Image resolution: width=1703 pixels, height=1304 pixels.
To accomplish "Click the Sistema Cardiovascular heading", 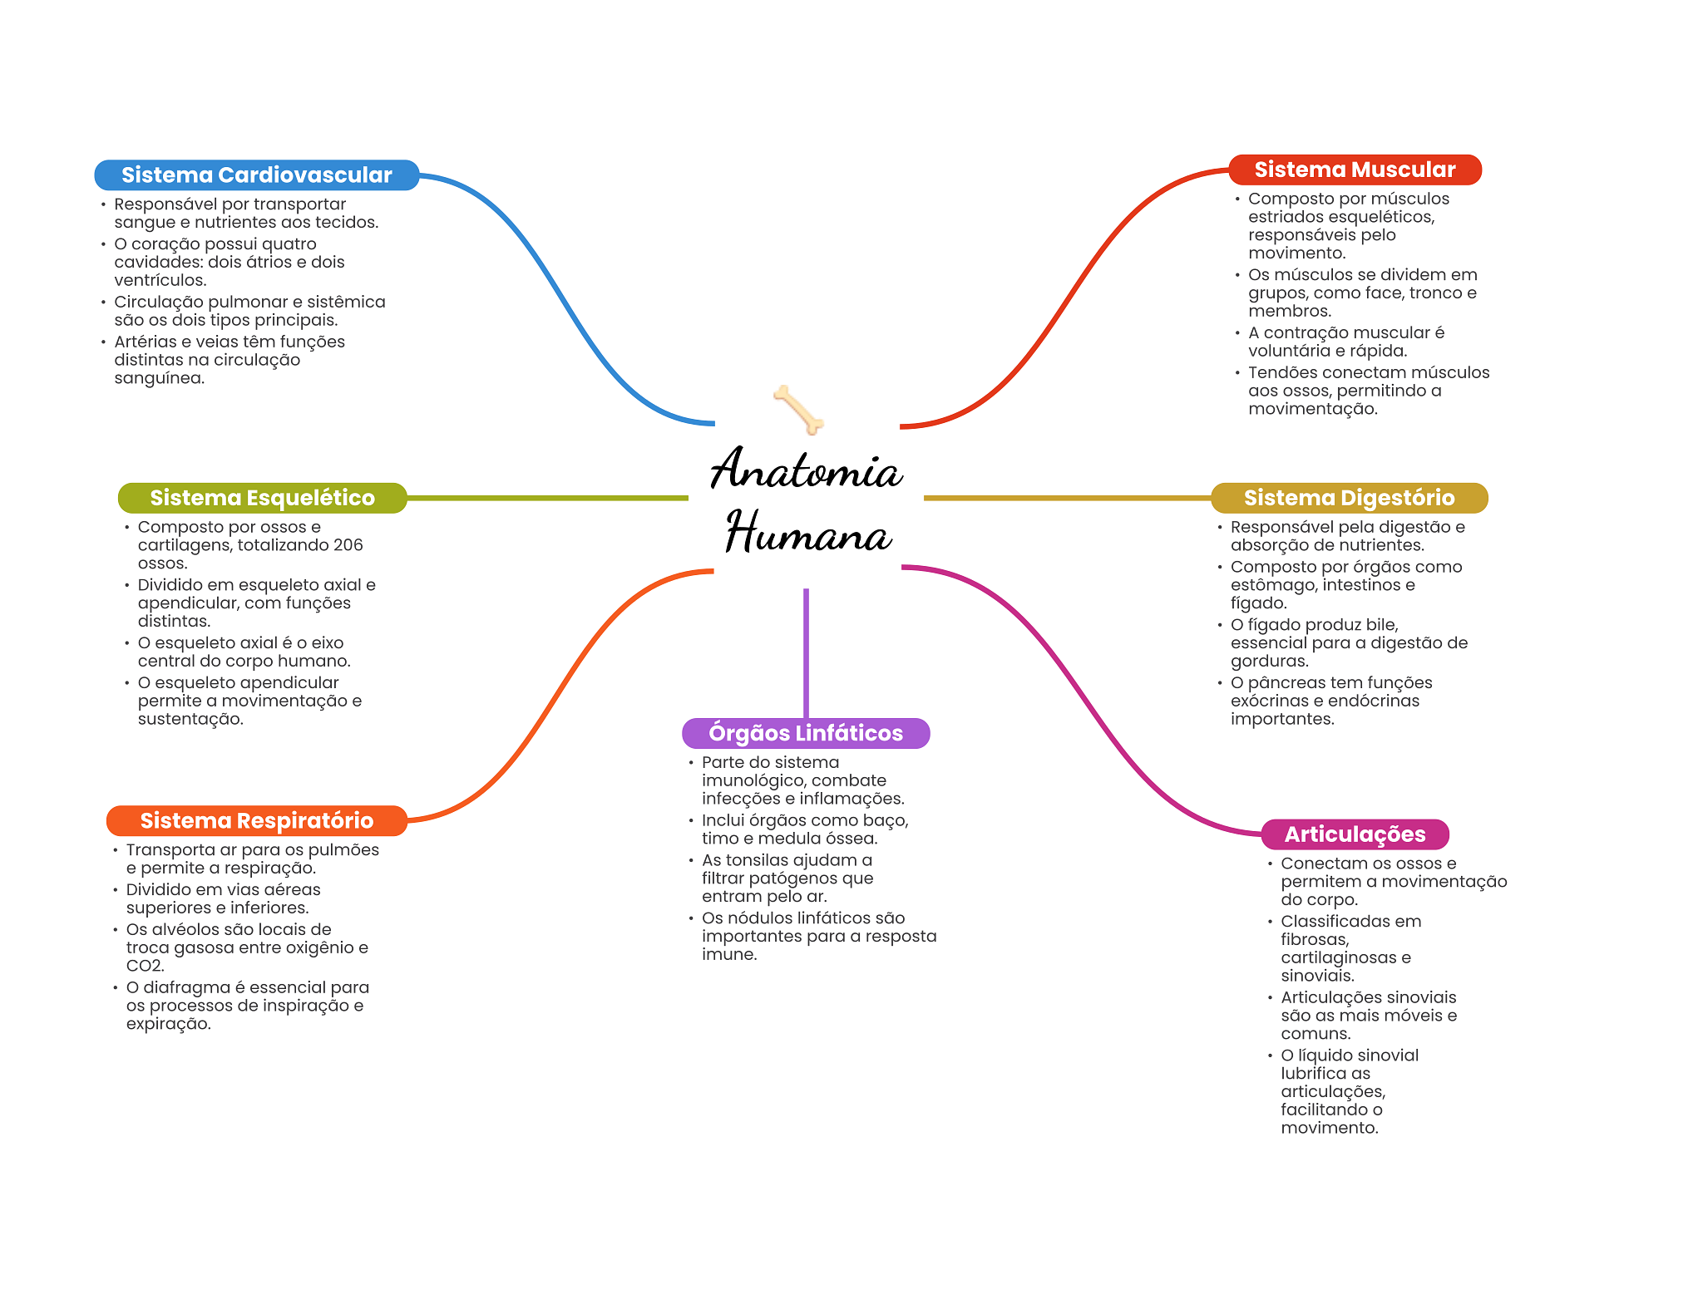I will point(256,175).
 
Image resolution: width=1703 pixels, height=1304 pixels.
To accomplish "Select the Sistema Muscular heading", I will point(1355,170).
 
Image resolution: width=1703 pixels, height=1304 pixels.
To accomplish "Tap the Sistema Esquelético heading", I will point(262,498).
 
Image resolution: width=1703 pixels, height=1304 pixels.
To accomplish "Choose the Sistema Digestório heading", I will point(1349,498).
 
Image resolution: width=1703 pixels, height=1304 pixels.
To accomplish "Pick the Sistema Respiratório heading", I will point(256,820).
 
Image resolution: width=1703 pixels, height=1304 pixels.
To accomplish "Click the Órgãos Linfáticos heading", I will point(805,733).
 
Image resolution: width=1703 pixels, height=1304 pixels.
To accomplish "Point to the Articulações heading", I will point(1355,834).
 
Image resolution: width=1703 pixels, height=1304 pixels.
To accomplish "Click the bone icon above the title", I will point(798,409).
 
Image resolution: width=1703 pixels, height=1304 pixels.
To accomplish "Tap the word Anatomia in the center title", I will point(806,470).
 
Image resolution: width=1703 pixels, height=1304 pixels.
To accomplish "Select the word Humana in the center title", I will point(808,534).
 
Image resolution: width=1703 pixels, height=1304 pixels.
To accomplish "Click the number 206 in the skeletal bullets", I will point(348,545).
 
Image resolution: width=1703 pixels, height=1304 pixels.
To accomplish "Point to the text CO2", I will point(145,966).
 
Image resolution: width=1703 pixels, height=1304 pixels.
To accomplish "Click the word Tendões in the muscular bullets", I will point(1281,372).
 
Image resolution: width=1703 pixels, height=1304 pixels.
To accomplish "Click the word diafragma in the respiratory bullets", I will point(185,987).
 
